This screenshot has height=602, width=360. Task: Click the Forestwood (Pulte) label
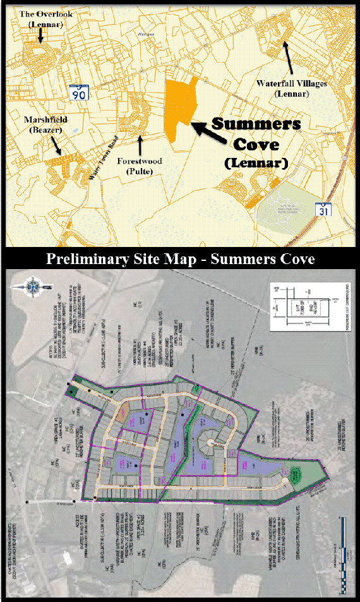coord(139,166)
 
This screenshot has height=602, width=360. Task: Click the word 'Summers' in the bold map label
coord(256,124)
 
